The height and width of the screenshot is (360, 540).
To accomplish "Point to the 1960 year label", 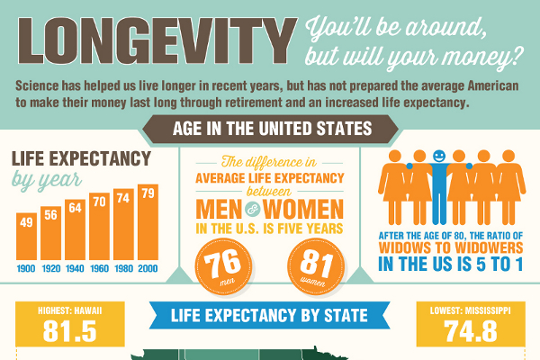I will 100,269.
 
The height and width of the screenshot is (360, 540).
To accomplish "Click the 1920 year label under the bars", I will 51,269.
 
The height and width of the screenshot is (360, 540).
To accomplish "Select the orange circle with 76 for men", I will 222,266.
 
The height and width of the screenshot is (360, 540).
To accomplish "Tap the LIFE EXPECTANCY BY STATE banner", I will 269,315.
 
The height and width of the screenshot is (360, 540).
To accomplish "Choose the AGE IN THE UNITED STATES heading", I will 269,129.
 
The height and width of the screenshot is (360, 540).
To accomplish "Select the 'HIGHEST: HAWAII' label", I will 69,311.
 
